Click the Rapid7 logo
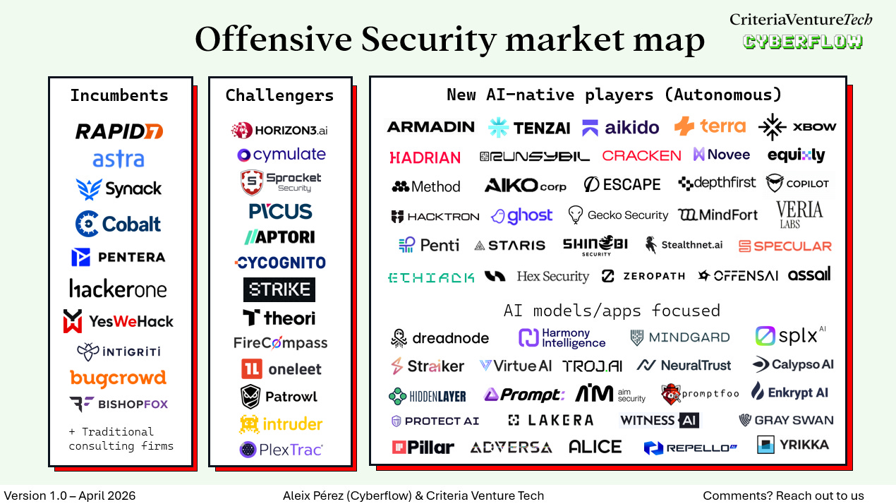pyautogui.click(x=119, y=131)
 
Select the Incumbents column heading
pyautogui.click(x=119, y=95)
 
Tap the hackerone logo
pyautogui.click(x=118, y=289)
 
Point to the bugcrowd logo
pyautogui.click(x=118, y=378)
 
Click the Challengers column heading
pyautogui.click(x=279, y=96)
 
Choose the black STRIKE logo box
pyautogui.click(x=279, y=289)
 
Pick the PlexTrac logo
pyautogui.click(x=281, y=450)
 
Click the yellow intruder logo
pyautogui.click(x=281, y=424)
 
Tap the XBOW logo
pyautogui.click(x=797, y=127)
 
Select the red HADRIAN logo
pyautogui.click(x=425, y=157)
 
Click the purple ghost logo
pyautogui.click(x=521, y=216)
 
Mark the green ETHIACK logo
pyautogui.click(x=431, y=277)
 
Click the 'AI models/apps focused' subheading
pyautogui.click(x=612, y=311)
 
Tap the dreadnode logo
pyautogui.click(x=440, y=338)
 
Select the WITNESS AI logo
pyautogui.click(x=660, y=420)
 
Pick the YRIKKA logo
pyautogui.click(x=793, y=445)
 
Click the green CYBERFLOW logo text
pyautogui.click(x=802, y=42)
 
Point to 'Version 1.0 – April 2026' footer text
pyautogui.click(x=70, y=496)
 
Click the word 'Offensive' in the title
pyautogui.click(x=273, y=40)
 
